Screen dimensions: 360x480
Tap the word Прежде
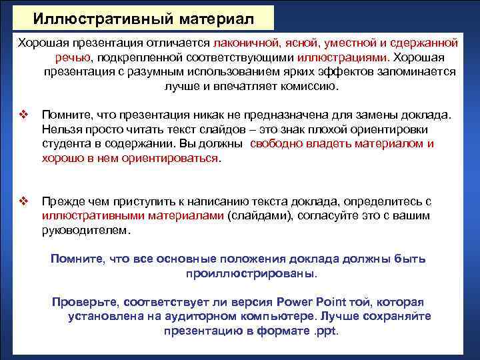coord(63,201)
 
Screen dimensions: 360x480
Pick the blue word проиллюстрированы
coord(247,273)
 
